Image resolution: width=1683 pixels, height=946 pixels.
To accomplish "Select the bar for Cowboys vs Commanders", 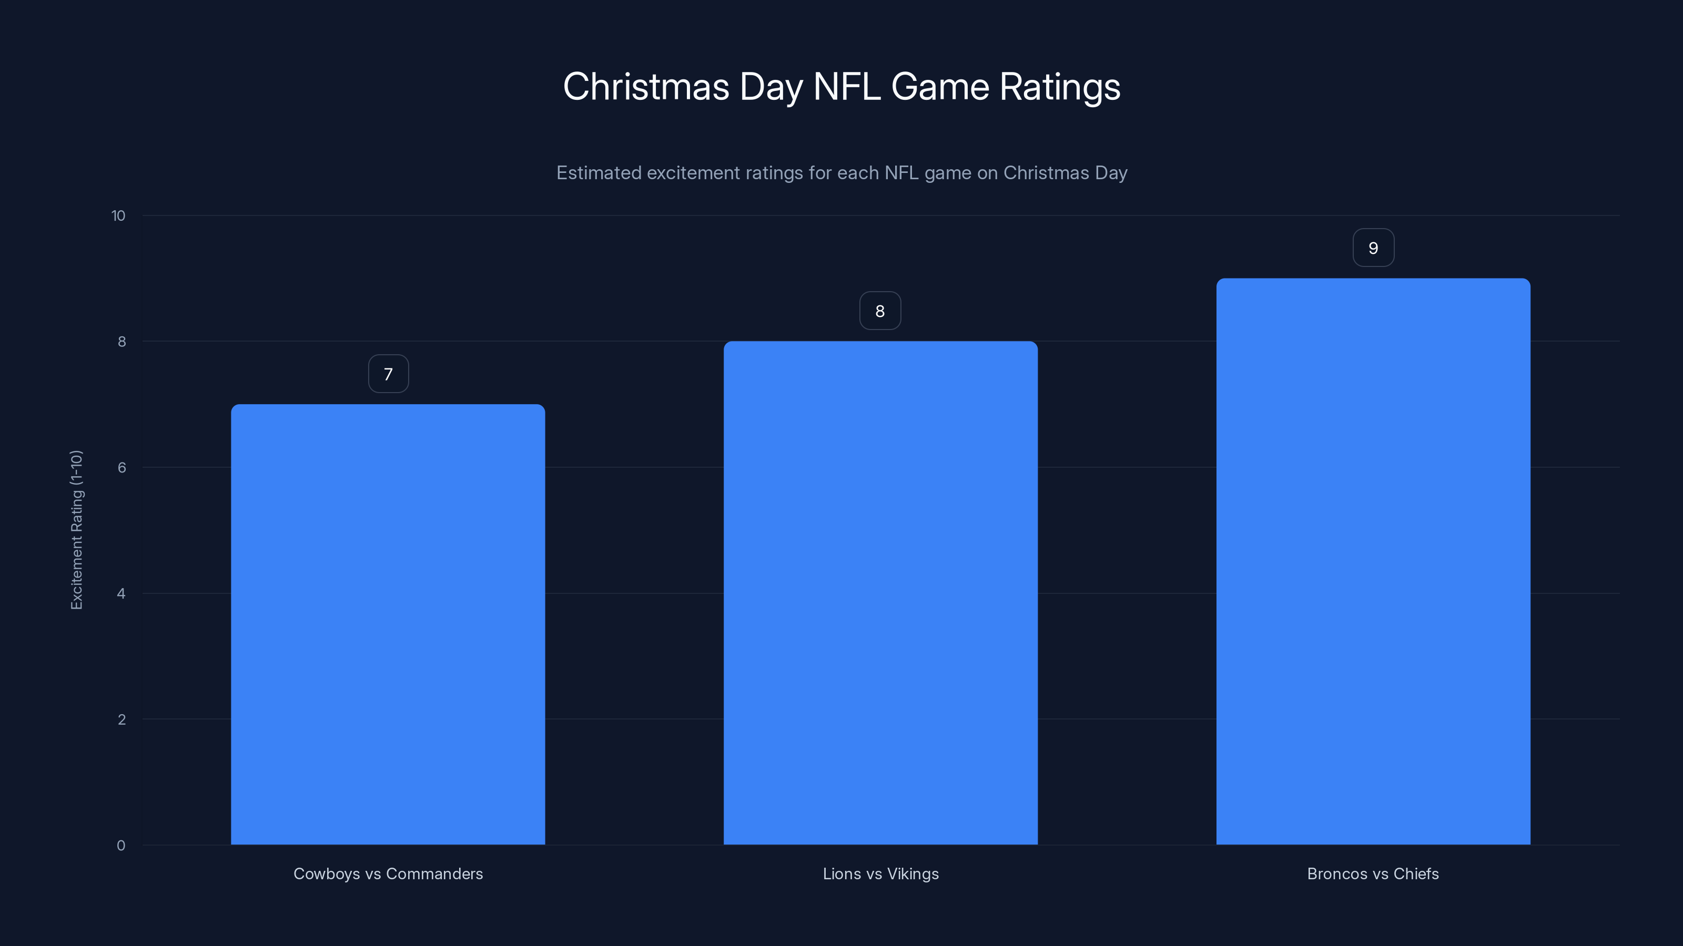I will pos(388,624).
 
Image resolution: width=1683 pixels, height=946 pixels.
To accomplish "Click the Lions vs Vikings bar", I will pos(880,593).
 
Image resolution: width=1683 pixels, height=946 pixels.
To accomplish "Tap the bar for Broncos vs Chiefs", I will pos(1373,561).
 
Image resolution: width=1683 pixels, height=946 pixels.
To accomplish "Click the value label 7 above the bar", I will pos(388,374).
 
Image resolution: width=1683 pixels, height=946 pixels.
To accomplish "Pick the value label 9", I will pos(1373,248).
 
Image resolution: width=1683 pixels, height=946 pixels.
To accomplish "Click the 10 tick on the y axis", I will pos(118,215).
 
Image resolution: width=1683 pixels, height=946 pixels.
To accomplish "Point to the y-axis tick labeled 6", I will pos(121,467).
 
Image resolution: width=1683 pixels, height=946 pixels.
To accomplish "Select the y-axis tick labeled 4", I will pos(121,593).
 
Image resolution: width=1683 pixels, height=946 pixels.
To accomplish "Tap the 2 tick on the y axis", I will pos(121,719).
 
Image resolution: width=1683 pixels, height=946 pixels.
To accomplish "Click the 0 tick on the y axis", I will pos(121,846).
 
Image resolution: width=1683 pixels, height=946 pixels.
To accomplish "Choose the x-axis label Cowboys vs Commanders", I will pos(388,873).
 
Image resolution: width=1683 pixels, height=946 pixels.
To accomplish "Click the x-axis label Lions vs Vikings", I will pos(880,873).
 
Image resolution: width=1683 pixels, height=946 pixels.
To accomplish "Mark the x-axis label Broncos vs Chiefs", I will pos(1373,873).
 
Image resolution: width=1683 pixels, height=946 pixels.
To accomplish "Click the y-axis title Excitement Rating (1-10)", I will pos(76,529).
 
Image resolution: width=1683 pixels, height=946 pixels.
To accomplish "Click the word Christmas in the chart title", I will pos(645,87).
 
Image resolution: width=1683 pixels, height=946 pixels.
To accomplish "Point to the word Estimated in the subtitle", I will pos(599,173).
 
